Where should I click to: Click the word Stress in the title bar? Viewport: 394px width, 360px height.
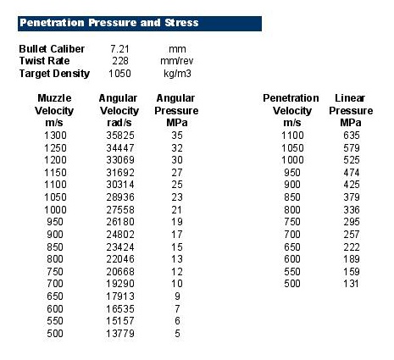181,23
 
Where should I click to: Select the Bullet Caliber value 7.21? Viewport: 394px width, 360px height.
119,49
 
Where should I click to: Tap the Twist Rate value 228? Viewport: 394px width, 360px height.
120,61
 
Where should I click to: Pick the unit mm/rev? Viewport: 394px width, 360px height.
177,61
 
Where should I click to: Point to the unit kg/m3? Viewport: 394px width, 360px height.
177,74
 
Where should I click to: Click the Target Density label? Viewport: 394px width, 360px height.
54,74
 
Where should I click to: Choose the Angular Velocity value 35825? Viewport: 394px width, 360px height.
120,136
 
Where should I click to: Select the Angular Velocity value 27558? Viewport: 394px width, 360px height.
120,210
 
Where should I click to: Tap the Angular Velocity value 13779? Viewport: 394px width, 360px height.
120,334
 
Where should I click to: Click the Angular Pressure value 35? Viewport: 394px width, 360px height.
177,136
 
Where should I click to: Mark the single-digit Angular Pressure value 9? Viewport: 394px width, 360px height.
177,296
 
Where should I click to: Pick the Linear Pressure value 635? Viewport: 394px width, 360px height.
352,136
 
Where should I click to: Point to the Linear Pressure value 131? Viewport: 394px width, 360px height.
352,284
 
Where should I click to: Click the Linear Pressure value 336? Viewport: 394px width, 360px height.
352,210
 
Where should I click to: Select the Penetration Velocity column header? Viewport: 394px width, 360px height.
291,110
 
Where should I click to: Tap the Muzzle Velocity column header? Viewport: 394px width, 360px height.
54,110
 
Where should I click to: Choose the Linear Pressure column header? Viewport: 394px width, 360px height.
351,110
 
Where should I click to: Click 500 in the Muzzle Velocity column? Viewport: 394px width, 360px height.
55,334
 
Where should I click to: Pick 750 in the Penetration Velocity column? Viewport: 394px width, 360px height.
292,222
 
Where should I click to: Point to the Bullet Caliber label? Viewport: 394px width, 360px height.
52,49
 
